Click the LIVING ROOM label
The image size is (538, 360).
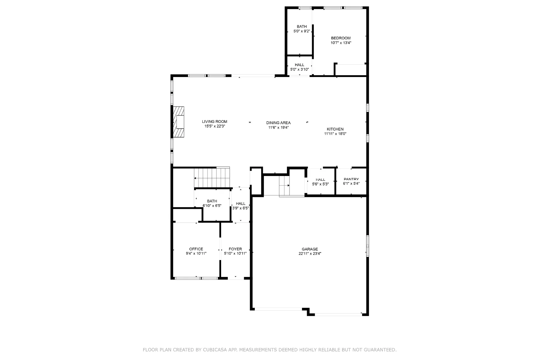point(214,122)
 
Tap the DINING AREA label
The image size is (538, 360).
point(278,123)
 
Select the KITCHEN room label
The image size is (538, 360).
point(335,129)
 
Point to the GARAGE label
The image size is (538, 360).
point(310,249)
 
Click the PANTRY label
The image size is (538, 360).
point(351,179)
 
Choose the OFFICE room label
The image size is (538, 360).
point(196,249)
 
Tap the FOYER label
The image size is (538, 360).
point(235,249)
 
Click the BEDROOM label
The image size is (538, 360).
point(340,38)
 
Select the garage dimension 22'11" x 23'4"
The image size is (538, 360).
point(310,254)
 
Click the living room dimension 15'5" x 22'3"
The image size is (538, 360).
point(214,126)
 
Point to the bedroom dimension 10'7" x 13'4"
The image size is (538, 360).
point(341,43)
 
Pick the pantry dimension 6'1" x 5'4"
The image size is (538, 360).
point(351,184)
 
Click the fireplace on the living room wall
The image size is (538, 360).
point(179,122)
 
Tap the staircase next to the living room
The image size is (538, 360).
point(212,177)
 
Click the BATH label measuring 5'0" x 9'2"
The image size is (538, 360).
point(302,26)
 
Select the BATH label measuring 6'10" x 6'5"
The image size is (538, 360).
point(212,201)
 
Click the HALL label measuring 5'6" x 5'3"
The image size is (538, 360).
point(320,180)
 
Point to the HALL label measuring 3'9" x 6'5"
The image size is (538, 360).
point(241,203)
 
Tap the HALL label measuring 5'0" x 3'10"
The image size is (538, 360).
point(299,65)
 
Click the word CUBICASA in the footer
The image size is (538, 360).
point(215,350)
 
